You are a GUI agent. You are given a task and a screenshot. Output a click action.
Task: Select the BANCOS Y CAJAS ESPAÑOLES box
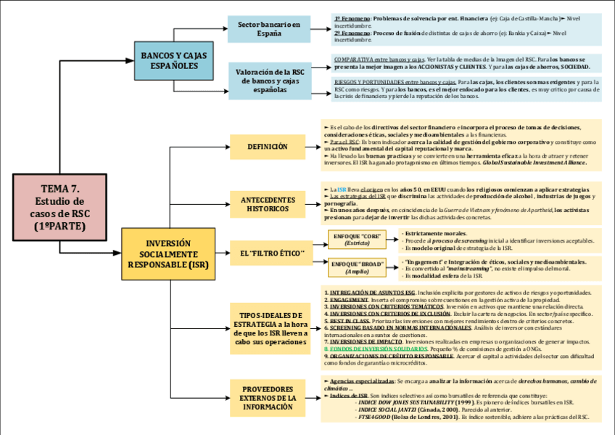coord(174,60)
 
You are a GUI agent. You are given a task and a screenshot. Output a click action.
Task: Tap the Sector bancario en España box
coord(269,29)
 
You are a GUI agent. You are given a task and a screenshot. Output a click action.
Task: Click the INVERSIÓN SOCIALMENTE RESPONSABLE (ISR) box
coord(168,254)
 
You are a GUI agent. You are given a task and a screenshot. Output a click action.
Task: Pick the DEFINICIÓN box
coord(268,147)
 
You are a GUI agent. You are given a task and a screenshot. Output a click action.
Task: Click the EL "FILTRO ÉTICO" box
coord(268,252)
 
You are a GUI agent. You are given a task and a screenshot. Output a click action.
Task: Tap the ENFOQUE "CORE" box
coord(357,239)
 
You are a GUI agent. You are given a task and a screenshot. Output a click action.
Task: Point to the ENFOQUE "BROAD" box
coord(357,267)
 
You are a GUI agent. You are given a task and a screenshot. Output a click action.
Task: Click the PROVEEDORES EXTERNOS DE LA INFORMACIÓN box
coord(268,398)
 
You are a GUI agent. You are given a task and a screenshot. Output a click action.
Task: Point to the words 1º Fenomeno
coord(351,18)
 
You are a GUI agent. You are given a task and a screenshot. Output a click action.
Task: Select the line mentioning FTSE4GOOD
coord(471,418)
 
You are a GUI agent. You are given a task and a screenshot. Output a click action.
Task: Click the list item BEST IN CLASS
coord(350,320)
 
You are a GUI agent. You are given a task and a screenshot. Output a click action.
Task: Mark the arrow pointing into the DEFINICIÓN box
coord(226,147)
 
